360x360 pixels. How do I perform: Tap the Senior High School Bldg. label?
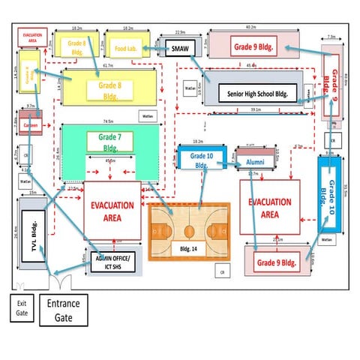[258, 94]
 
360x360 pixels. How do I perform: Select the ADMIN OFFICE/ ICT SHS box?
[112, 261]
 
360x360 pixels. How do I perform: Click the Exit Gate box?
[21, 307]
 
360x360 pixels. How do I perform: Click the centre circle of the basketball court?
[187, 231]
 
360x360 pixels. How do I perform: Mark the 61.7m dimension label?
[108, 65]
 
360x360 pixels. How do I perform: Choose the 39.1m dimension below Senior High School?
[256, 109]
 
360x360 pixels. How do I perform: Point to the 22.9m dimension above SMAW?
[180, 33]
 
